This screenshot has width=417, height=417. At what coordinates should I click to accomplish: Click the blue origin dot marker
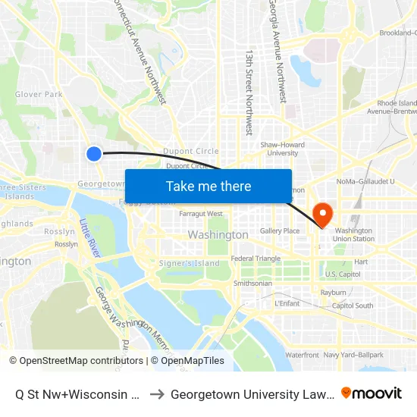(x=94, y=154)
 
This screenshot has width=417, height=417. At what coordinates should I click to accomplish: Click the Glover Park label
(x=39, y=95)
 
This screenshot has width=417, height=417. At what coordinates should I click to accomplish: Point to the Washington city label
(x=218, y=235)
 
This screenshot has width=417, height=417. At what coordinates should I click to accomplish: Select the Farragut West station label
(x=201, y=214)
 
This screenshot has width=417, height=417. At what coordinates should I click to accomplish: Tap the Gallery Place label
(x=280, y=230)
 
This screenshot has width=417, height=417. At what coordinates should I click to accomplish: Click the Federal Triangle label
(x=256, y=259)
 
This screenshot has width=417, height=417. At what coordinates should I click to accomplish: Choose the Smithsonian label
(x=252, y=284)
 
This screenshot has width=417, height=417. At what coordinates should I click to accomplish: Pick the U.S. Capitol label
(x=343, y=274)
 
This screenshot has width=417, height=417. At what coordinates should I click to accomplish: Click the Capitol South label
(x=353, y=306)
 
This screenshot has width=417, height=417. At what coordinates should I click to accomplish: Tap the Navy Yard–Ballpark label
(x=353, y=355)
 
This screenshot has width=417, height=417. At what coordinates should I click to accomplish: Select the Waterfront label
(x=302, y=355)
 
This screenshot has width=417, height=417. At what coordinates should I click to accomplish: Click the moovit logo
(x=372, y=393)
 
